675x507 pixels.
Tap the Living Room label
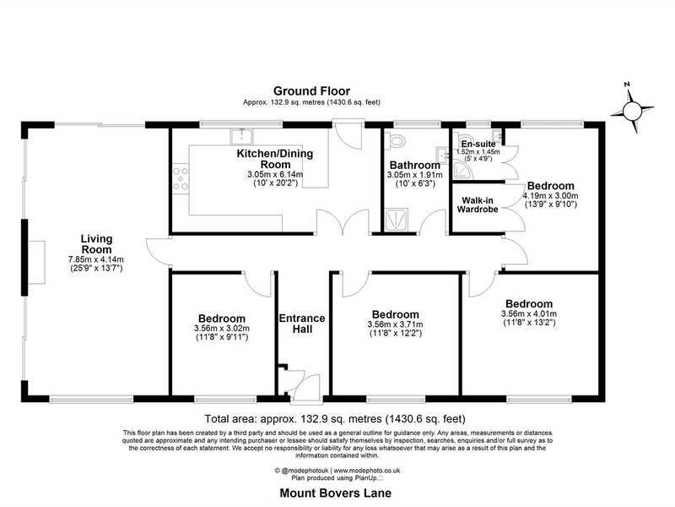click(x=96, y=244)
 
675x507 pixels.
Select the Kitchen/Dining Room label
click(x=275, y=159)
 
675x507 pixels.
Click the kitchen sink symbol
click(x=241, y=136)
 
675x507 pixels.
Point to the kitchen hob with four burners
click(x=181, y=179)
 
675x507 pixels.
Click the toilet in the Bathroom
click(x=397, y=140)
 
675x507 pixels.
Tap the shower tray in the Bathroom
click(x=397, y=220)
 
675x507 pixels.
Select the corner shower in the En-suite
click(x=462, y=171)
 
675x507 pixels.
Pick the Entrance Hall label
click(x=302, y=324)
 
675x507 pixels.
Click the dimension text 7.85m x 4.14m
click(x=96, y=259)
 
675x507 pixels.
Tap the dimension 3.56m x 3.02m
click(x=222, y=329)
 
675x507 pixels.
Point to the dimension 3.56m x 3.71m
click(x=395, y=324)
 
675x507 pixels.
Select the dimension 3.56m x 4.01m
click(x=529, y=313)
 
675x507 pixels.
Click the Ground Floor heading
click(x=311, y=91)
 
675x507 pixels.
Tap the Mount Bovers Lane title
click(x=336, y=493)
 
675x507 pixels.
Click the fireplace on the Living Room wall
click(x=37, y=262)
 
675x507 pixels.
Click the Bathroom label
click(x=414, y=165)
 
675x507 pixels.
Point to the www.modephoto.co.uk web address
click(x=367, y=471)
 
